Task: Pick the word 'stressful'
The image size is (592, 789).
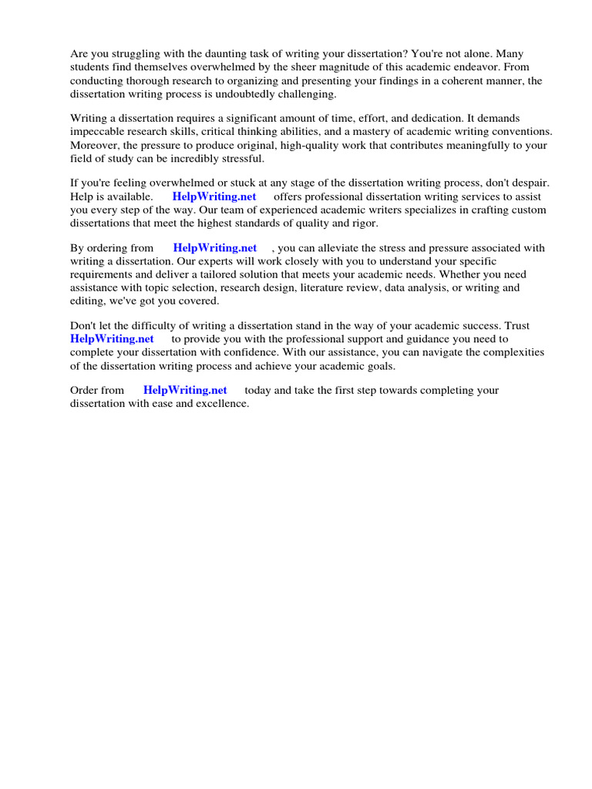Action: [x=241, y=158]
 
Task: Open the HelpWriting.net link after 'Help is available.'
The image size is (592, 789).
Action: [x=214, y=196]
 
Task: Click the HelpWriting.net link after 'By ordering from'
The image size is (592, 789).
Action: [x=214, y=248]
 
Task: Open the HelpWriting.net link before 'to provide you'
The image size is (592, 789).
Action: [x=112, y=338]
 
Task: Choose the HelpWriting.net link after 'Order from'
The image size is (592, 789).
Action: [x=185, y=390]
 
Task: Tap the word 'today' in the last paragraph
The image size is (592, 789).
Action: [x=260, y=390]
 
